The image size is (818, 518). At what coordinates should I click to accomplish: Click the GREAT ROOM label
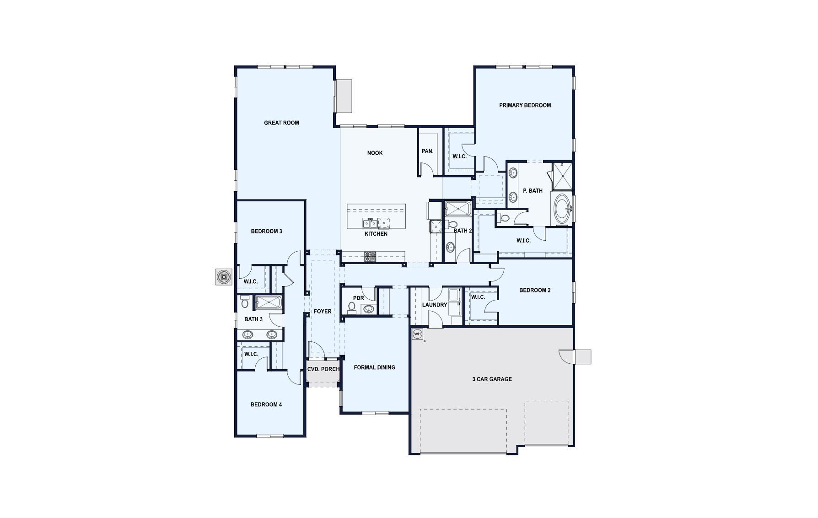pos(281,123)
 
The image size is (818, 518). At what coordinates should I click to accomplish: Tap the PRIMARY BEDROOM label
pos(525,105)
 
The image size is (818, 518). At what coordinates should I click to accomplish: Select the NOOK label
pos(375,153)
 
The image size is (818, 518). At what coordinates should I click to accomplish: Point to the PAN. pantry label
pos(427,151)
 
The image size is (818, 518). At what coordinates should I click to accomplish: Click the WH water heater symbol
pos(417,334)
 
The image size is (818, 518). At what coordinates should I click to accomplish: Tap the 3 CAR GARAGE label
pos(492,379)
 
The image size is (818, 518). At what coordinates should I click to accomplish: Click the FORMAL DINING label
pos(374,367)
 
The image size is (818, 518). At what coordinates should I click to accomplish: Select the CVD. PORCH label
pos(323,369)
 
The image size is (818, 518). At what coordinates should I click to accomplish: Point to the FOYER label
pos(322,311)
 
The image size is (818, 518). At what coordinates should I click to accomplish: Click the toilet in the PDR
pos(352,307)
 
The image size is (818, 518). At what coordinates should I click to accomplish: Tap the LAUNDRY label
pos(434,305)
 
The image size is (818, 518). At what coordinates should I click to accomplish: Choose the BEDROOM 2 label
pos(535,290)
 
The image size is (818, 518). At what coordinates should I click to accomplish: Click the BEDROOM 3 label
pos(266,231)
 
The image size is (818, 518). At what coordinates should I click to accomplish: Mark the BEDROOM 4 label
pos(266,405)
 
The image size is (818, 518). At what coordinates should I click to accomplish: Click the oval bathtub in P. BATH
pos(562,209)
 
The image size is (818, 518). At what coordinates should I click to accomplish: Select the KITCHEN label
pos(376,234)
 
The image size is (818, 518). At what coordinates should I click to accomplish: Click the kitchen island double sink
pos(370,223)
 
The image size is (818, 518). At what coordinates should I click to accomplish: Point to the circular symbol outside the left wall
pos(223,277)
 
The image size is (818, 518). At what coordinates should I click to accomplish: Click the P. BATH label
pos(533,190)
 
